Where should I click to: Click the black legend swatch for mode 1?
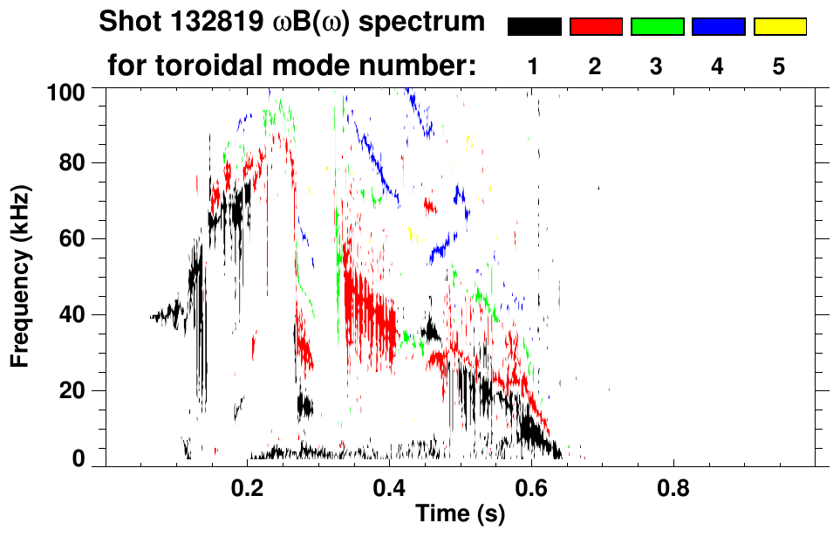click(535, 27)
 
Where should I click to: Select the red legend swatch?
click(596, 27)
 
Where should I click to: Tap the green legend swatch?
click(657, 27)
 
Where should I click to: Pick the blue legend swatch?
click(718, 27)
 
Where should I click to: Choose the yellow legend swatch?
click(779, 27)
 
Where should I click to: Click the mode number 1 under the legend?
click(534, 66)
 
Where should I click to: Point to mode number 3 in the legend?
click(657, 66)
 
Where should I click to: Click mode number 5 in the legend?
click(779, 66)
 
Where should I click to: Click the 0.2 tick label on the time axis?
click(248, 486)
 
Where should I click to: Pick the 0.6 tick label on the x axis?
click(531, 486)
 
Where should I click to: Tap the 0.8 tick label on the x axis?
click(673, 486)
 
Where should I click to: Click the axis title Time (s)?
click(460, 515)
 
